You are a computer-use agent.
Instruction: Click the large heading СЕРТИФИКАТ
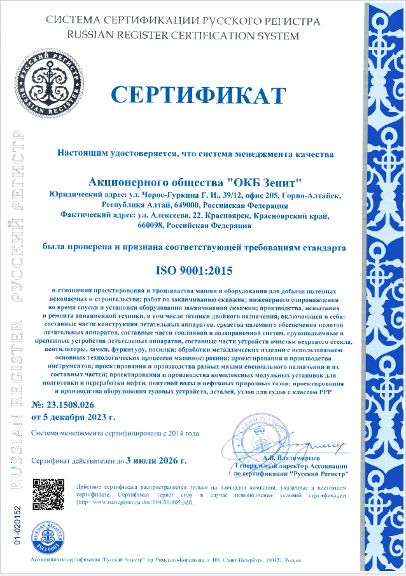tap(198, 95)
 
